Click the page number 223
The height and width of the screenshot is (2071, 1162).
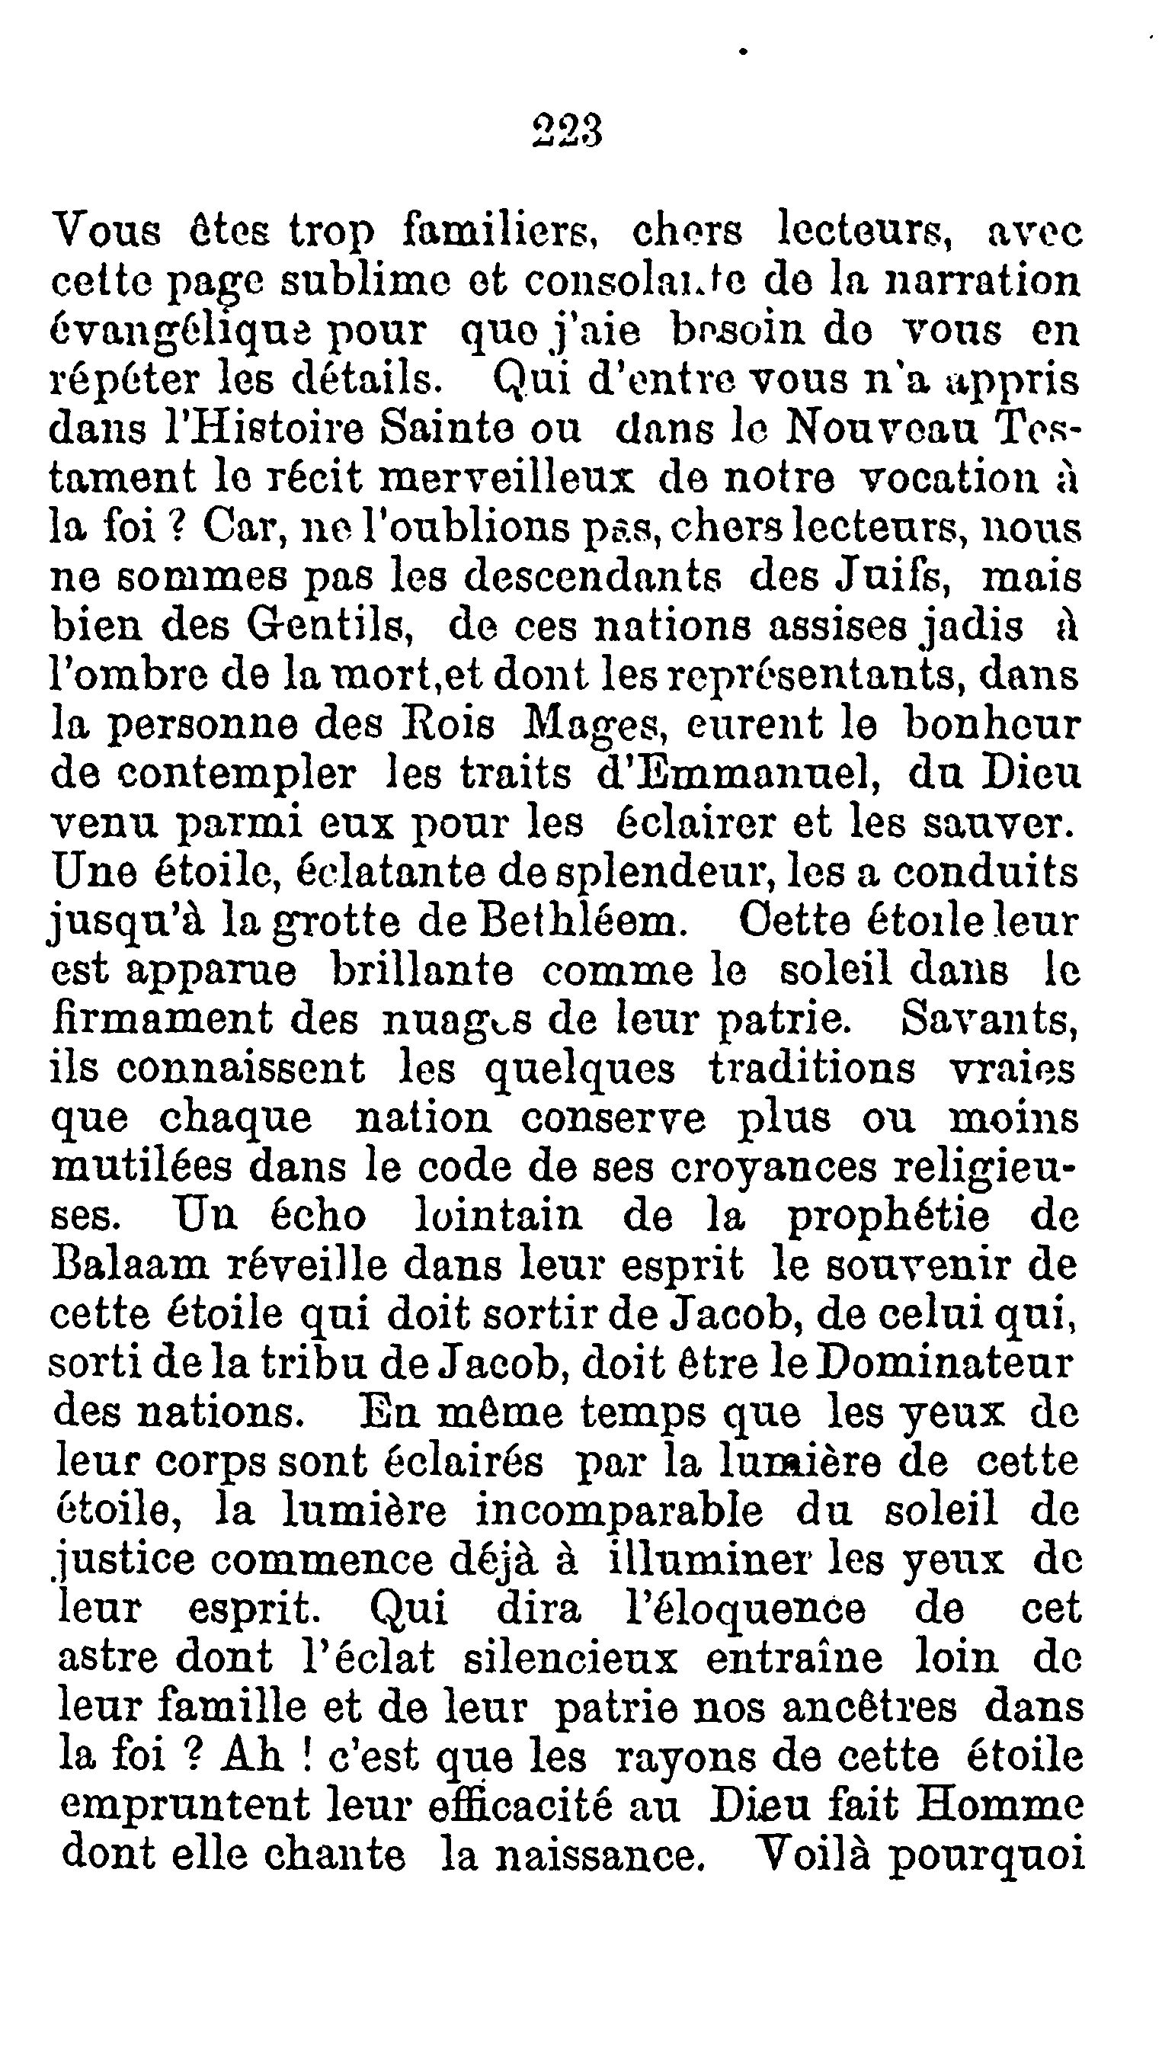pos(567,130)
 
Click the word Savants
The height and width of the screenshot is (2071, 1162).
pos(989,1018)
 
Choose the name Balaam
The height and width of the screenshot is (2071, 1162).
pos(130,1265)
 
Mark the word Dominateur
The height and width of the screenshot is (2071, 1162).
pos(943,1363)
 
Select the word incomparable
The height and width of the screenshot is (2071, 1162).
pos(619,1512)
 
